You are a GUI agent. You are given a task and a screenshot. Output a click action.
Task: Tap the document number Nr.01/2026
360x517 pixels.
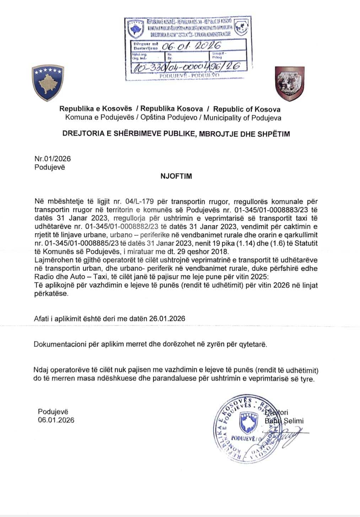(x=53, y=159)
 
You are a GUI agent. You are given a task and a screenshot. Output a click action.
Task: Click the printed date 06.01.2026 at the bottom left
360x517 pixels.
(x=56, y=420)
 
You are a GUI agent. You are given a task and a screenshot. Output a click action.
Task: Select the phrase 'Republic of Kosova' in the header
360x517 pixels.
(x=247, y=109)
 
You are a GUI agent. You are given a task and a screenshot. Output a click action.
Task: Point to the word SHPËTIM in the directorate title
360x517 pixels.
(x=273, y=134)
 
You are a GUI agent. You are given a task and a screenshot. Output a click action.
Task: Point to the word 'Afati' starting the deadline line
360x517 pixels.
(x=41, y=319)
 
